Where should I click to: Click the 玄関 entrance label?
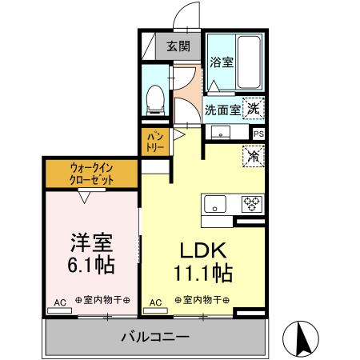[x=178, y=46]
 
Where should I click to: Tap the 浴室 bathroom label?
[x=222, y=62]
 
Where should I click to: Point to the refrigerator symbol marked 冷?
[x=253, y=155]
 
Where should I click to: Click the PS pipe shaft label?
[x=258, y=134]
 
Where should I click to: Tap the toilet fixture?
[x=156, y=98]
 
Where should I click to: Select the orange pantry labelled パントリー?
[x=153, y=143]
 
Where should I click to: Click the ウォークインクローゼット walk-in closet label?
[x=92, y=174]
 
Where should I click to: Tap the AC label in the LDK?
[x=157, y=302]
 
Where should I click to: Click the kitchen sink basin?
[x=215, y=203]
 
